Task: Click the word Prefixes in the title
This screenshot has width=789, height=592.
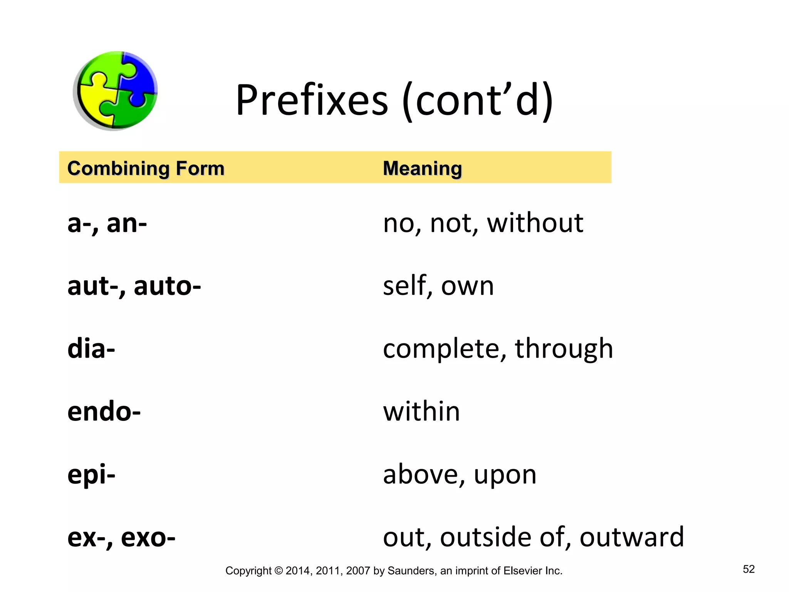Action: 312,100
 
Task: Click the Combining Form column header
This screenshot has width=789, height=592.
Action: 146,168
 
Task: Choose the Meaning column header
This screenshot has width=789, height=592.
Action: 422,168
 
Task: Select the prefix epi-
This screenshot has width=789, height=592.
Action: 91,475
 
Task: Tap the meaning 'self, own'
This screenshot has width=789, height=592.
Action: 438,286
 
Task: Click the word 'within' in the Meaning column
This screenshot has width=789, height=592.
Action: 421,411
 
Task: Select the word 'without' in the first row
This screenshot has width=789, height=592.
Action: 535,223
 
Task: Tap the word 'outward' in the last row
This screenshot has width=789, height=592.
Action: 632,537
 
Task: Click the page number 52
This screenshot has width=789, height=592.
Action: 749,569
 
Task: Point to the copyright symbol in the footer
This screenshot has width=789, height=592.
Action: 279,571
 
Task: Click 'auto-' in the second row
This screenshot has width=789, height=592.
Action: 167,286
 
